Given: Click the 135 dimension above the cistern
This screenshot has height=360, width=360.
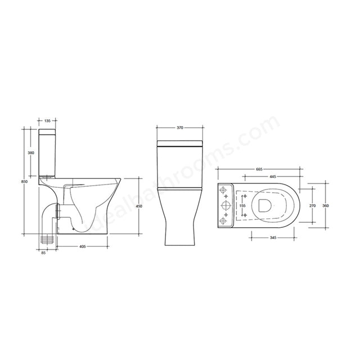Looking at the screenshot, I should (47, 120).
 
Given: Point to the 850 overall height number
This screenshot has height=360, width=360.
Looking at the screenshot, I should (24, 181).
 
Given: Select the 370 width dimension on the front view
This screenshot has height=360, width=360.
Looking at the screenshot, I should (180, 128).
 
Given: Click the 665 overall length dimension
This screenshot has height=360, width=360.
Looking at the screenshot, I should (259, 169).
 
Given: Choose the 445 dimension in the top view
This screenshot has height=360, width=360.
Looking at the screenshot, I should (272, 176).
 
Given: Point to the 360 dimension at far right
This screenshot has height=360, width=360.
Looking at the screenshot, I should (325, 206).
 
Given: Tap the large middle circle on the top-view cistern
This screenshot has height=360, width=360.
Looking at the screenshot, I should (225, 205).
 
